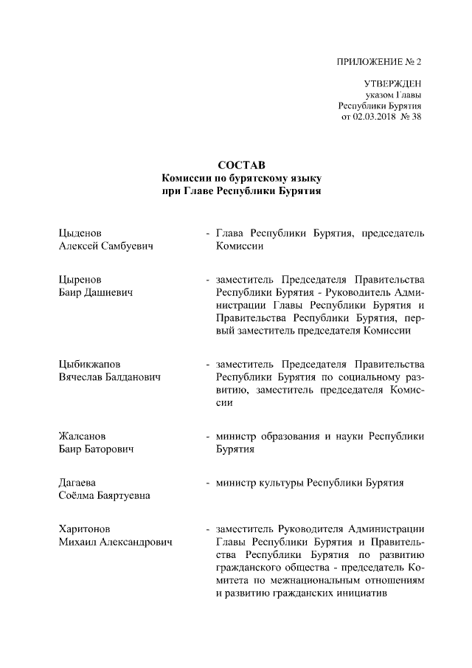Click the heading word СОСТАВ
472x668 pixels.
point(241,165)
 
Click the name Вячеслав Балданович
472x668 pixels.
point(110,376)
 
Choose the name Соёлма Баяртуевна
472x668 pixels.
point(104,495)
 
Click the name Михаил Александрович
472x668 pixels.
point(115,542)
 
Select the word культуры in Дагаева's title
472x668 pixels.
point(282,483)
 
